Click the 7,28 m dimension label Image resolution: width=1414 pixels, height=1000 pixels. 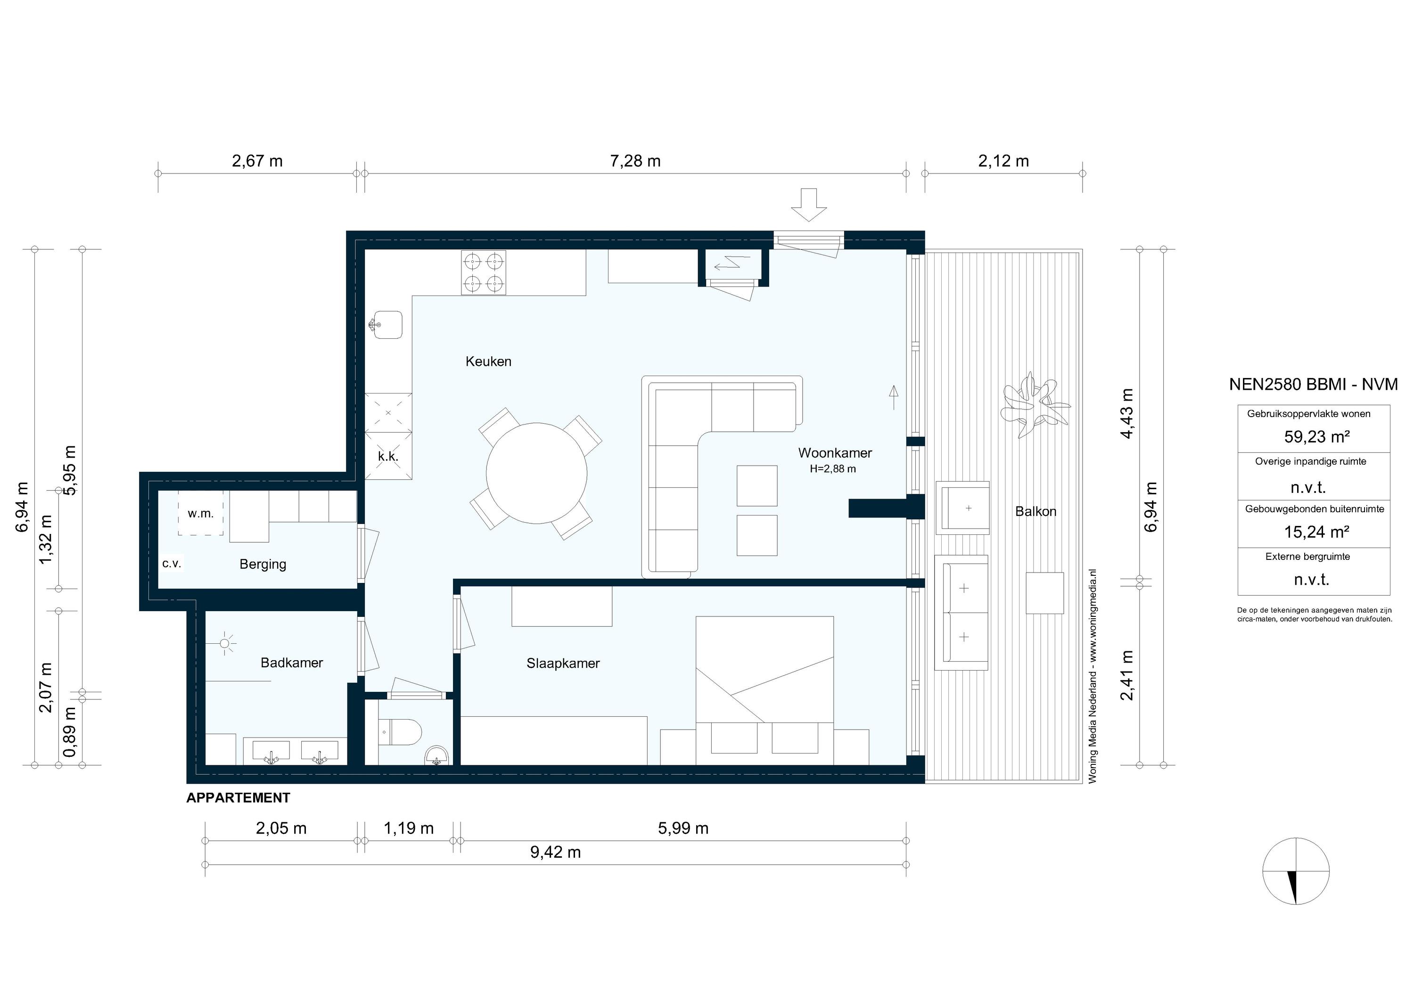[x=635, y=161]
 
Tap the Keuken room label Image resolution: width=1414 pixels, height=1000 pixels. [x=488, y=361]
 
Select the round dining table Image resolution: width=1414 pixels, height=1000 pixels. [x=536, y=473]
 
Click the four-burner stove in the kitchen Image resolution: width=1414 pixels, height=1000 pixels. [x=484, y=272]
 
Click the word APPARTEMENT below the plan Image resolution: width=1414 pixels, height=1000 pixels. [x=238, y=798]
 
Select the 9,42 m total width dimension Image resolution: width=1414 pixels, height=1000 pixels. [x=556, y=852]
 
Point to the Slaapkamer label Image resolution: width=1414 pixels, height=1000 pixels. [x=563, y=663]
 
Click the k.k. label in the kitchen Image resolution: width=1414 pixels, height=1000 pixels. [x=388, y=456]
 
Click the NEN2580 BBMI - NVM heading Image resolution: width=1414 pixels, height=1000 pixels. [x=1313, y=384]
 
